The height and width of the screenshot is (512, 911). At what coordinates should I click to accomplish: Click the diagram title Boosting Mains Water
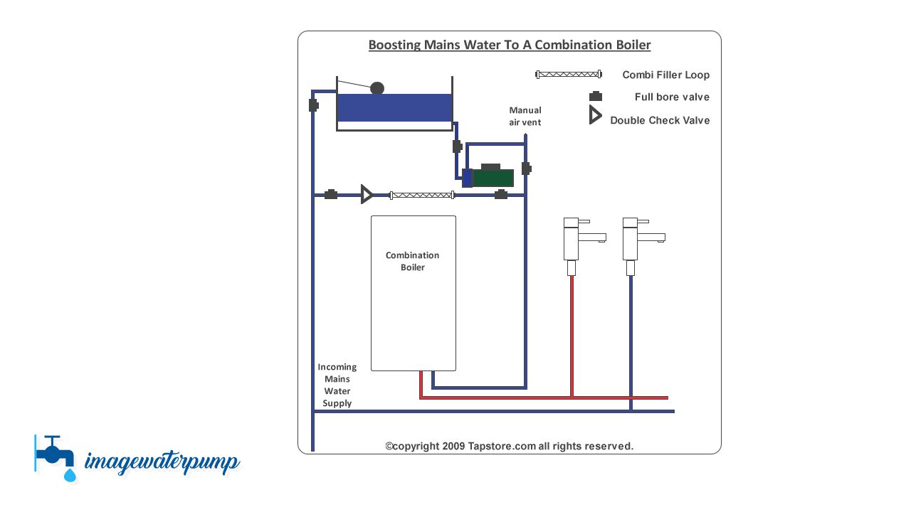pyautogui.click(x=509, y=45)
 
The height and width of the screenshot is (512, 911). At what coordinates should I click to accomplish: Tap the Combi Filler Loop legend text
pyautogui.click(x=665, y=75)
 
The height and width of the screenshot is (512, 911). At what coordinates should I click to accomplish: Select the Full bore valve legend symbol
pyautogui.click(x=596, y=97)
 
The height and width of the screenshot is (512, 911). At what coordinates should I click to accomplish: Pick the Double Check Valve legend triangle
pyautogui.click(x=595, y=115)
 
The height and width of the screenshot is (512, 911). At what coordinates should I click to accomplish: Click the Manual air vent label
pyautogui.click(x=525, y=116)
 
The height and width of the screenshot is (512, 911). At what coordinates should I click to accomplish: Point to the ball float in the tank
pyautogui.click(x=377, y=88)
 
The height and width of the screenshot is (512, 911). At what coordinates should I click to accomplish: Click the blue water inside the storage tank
pyautogui.click(x=394, y=107)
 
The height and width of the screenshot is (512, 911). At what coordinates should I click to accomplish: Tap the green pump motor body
pyautogui.click(x=493, y=178)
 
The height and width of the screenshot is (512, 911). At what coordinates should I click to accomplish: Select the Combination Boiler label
pyautogui.click(x=413, y=261)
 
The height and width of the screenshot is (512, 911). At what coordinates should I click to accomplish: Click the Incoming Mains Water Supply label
pyautogui.click(x=337, y=385)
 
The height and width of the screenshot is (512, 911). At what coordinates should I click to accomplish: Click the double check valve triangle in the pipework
pyautogui.click(x=367, y=194)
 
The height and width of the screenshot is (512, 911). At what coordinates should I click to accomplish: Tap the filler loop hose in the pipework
pyautogui.click(x=422, y=195)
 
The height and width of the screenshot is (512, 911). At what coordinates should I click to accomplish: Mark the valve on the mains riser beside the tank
pyautogui.click(x=313, y=105)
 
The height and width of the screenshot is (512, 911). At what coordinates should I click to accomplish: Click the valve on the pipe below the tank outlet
pyautogui.click(x=457, y=146)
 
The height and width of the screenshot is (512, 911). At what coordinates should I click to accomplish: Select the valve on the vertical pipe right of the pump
pyautogui.click(x=526, y=169)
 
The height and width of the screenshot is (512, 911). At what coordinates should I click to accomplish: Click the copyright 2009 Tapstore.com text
pyautogui.click(x=509, y=446)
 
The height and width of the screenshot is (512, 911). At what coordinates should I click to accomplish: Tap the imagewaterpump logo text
pyautogui.click(x=162, y=462)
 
